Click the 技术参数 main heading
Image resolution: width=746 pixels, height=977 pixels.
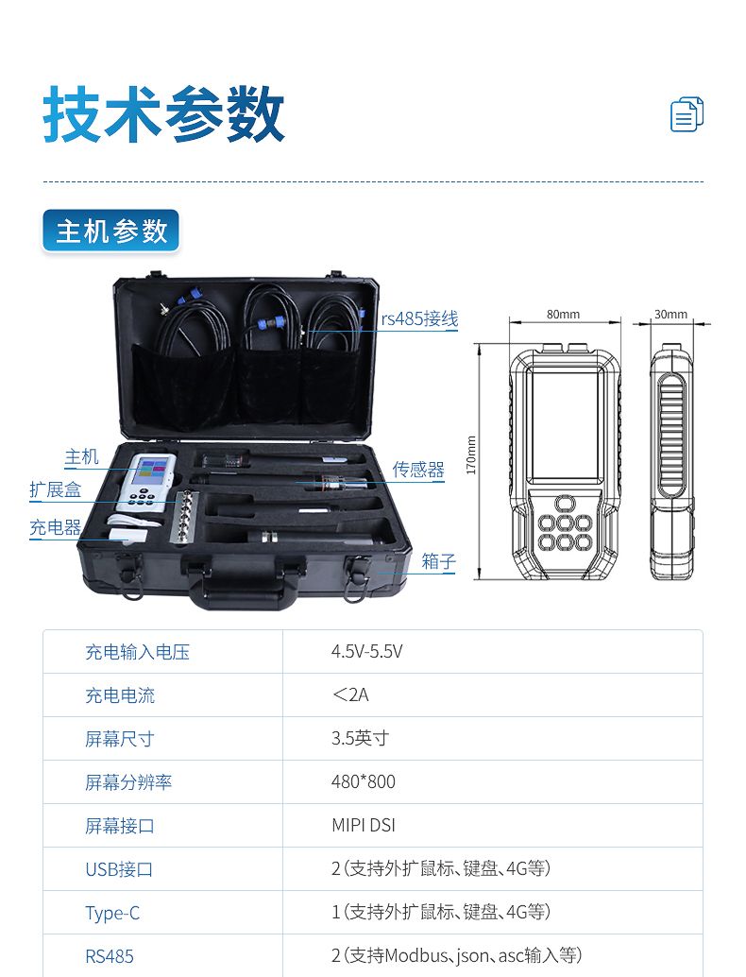pos(163,114)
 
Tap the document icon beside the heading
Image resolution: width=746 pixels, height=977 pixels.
pos(687,114)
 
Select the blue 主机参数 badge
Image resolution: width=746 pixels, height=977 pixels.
pos(110,231)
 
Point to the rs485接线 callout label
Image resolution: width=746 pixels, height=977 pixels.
pos(419,319)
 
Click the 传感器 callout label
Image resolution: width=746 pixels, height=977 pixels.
pos(418,470)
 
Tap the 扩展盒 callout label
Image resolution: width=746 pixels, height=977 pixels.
pos(56,489)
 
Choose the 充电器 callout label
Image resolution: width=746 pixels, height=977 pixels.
pos(56,528)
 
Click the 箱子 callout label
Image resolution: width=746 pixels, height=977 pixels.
pos(439,561)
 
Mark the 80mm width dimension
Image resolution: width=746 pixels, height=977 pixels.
pos(563,315)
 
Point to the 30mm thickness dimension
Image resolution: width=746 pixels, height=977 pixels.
pos(670,315)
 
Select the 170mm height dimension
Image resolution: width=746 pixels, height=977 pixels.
pos(471,454)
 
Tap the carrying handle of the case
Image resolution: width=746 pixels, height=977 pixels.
pos(245,589)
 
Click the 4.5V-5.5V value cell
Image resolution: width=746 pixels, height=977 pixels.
pos(366,652)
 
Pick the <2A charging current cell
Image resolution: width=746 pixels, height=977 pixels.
pos(350,694)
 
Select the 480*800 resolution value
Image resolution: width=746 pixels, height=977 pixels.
pos(364,781)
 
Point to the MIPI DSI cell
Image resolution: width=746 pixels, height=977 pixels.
pos(364,825)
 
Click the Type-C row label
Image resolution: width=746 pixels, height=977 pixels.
pos(112,913)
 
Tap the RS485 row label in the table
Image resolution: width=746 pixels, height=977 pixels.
pos(110,956)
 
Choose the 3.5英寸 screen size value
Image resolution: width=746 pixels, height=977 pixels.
pos(361,738)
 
